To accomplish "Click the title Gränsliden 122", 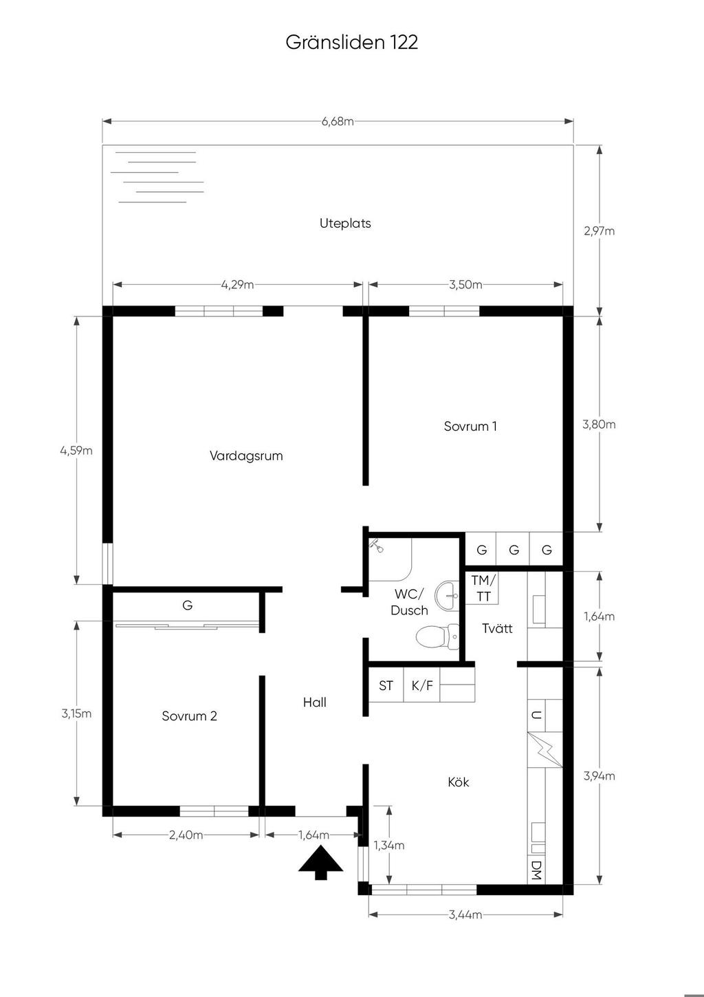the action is click(351, 42).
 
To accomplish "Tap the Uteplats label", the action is click(345, 223).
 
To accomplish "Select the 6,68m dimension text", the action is click(338, 122).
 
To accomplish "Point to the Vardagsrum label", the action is click(246, 455).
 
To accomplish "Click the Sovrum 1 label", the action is click(470, 426).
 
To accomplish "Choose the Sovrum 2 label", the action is click(189, 716).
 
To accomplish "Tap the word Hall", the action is click(314, 703).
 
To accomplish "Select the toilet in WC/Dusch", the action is click(438, 636).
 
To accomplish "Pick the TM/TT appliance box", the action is click(482, 588).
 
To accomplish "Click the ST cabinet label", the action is click(386, 686).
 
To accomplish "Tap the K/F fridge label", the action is click(421, 686).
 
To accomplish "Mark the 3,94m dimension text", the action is click(599, 776).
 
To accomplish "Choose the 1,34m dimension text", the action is click(388, 845).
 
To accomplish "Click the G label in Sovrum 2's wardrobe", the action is click(187, 605).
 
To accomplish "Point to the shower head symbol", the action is click(376, 545).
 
